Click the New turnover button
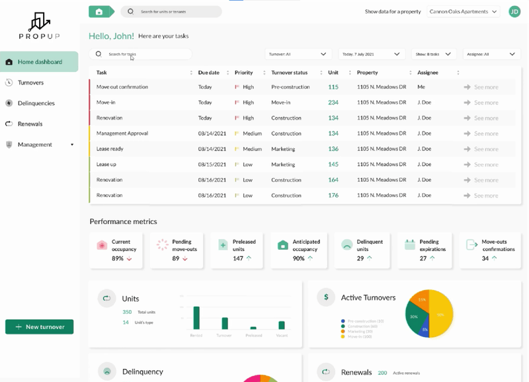coord(39,327)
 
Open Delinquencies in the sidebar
coord(36,103)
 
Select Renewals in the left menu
coord(30,124)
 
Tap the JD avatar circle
coord(514,11)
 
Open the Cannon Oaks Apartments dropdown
coord(464,11)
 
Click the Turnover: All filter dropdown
coord(298,54)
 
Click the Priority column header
coord(244,73)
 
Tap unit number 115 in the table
coord(333,87)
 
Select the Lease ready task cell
coord(110,149)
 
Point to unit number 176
coord(333,196)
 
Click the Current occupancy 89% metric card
coord(118,250)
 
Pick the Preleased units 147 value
coord(238,258)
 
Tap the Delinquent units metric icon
coord(346,245)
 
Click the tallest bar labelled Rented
coord(196,317)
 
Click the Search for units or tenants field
coord(172,11)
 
